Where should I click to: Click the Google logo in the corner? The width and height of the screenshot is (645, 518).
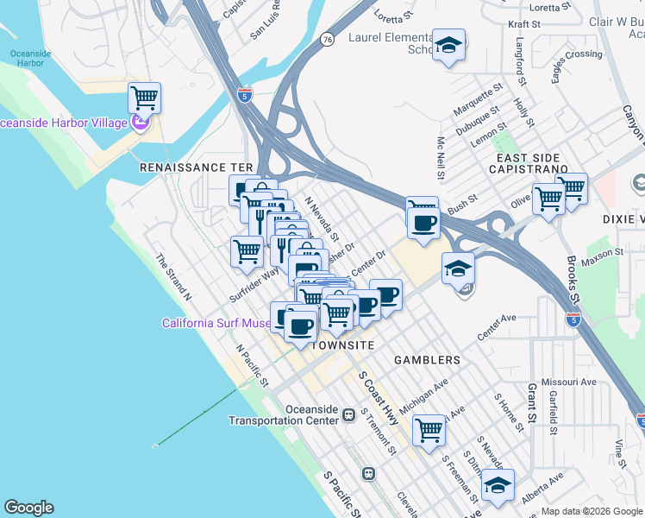click(28, 508)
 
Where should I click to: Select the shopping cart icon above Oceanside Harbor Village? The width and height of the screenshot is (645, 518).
click(144, 97)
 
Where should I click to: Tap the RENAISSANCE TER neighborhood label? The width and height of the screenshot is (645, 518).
click(197, 167)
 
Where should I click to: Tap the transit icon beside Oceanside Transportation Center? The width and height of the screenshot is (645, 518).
click(349, 415)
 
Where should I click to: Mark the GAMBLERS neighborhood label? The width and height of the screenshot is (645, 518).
click(427, 359)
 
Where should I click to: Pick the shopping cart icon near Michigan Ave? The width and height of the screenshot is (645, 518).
click(429, 429)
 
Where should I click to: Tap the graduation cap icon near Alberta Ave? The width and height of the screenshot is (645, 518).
click(497, 485)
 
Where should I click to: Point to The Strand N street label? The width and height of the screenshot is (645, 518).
click(173, 276)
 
